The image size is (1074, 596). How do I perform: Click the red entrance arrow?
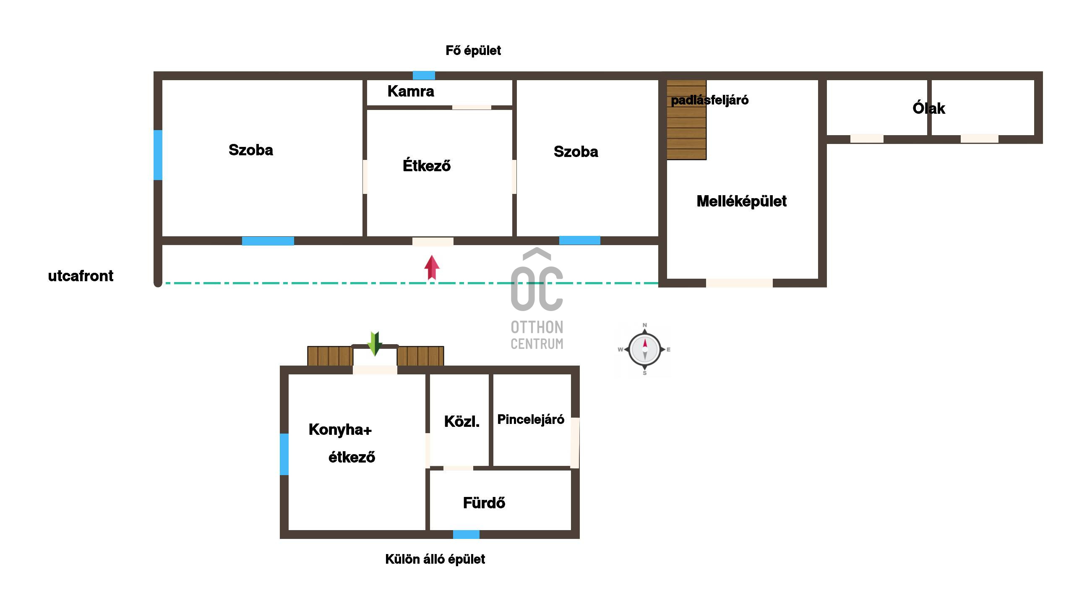click(432, 267)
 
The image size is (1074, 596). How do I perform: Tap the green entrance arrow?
click(374, 344)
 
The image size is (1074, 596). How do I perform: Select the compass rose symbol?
click(645, 349)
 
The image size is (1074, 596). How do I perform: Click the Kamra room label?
click(411, 91)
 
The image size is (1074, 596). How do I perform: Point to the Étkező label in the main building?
click(427, 165)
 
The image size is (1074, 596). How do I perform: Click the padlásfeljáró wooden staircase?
click(686, 120)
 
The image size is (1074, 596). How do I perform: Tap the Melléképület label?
click(741, 201)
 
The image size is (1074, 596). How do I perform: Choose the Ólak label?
click(929, 108)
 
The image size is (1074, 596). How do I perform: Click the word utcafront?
click(81, 276)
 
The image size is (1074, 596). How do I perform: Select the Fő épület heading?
click(473, 50)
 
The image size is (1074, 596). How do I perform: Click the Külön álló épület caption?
click(435, 559)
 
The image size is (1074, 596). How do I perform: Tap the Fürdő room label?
click(484, 502)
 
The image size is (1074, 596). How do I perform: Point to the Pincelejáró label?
click(531, 419)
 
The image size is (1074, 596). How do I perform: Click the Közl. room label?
click(461, 421)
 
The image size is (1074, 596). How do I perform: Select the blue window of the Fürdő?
click(466, 534)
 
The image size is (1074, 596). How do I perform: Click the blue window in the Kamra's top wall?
click(424, 76)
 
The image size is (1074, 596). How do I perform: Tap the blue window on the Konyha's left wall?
click(284, 454)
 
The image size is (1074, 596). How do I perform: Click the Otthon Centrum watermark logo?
click(537, 298)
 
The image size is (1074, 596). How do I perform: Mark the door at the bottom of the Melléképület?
click(739, 283)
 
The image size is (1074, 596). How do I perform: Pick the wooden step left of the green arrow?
click(330, 356)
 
